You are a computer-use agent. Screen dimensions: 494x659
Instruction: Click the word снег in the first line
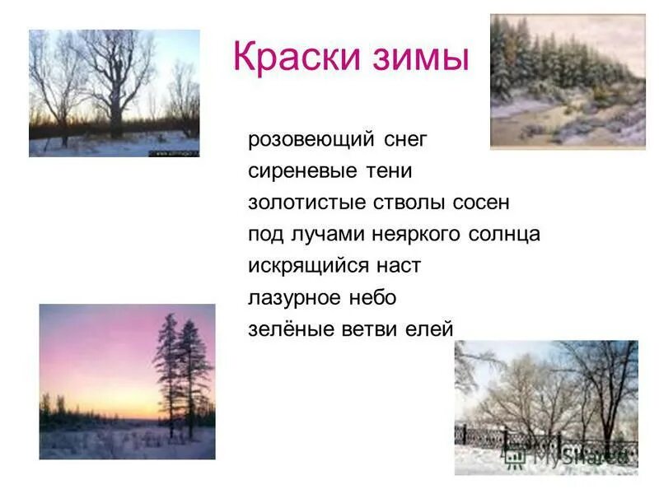click(405, 140)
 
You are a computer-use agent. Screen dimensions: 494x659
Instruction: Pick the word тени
click(389, 171)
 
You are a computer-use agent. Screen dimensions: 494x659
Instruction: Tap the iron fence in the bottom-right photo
click(544, 445)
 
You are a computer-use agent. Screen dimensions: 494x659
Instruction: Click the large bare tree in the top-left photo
click(115, 82)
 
